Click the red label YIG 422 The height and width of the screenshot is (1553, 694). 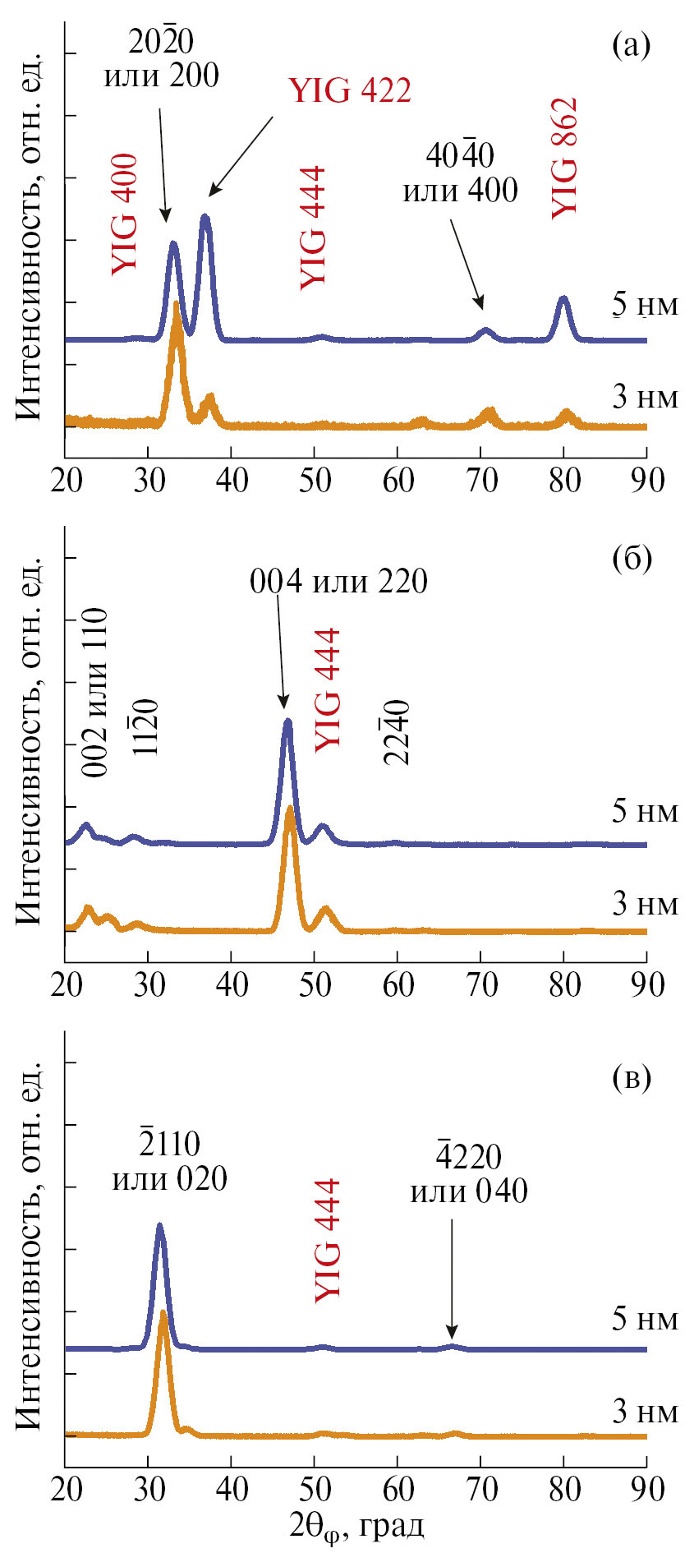[350, 90]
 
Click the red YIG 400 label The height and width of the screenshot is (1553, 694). [125, 214]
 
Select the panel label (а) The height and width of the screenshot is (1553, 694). [631, 44]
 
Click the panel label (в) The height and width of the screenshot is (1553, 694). [631, 1076]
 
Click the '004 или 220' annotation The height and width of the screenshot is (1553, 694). [338, 582]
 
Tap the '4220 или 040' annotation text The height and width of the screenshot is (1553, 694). [469, 1173]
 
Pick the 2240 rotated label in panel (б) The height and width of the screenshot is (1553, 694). [397, 731]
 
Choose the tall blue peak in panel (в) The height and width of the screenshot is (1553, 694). [159, 1227]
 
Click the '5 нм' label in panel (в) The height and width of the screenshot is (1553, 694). [645, 1319]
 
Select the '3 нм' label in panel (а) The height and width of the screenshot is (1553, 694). [645, 397]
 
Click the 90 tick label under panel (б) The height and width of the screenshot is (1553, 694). [647, 984]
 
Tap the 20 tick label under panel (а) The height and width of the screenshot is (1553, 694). [67, 480]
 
